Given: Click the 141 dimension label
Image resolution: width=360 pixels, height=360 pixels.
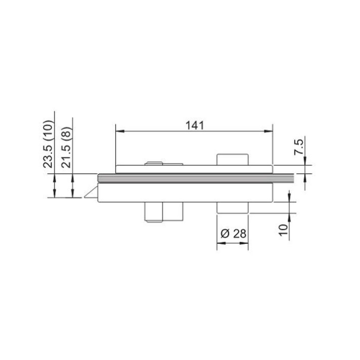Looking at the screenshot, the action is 194,125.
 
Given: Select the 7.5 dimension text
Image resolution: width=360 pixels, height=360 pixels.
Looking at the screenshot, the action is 299,147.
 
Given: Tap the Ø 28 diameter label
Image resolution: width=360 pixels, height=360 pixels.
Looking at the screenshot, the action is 233,233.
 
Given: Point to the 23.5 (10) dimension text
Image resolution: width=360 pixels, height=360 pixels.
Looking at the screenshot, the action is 48,143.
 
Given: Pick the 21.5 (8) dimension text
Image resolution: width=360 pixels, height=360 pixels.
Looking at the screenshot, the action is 66,147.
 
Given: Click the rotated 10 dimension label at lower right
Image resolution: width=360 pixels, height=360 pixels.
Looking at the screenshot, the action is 283,230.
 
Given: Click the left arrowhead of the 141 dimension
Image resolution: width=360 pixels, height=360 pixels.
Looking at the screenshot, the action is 120,131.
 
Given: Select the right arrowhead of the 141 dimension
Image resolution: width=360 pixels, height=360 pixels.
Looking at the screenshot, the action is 268,131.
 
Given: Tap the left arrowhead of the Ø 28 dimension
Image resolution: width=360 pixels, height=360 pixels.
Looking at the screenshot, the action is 221,243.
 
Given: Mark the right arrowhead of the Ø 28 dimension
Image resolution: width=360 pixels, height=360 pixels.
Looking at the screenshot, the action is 244,243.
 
